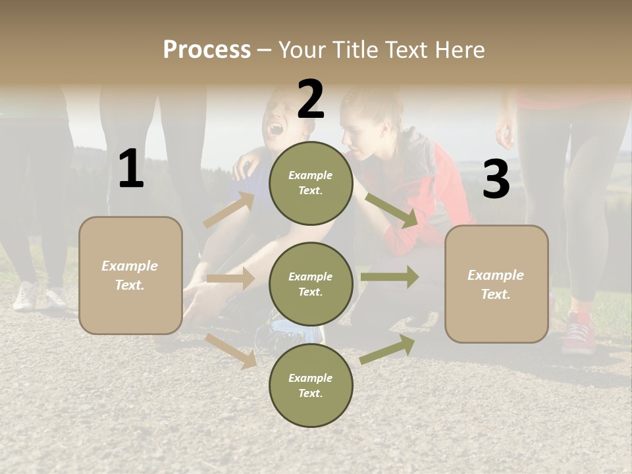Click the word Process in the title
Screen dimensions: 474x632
click(207, 49)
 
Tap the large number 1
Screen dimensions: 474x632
click(131, 169)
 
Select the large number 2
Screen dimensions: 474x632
click(311, 99)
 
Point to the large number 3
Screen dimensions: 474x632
click(496, 179)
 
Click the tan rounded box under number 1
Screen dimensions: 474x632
click(130, 275)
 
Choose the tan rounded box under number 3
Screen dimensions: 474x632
click(496, 284)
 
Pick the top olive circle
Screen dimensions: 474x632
click(311, 182)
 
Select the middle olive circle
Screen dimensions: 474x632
click(311, 284)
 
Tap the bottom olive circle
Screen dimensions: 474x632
click(311, 385)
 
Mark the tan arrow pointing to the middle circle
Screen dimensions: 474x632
click(230, 278)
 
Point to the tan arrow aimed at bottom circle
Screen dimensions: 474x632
click(231, 350)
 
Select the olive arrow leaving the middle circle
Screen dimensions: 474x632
click(390, 276)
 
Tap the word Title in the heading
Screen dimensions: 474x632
click(355, 49)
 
